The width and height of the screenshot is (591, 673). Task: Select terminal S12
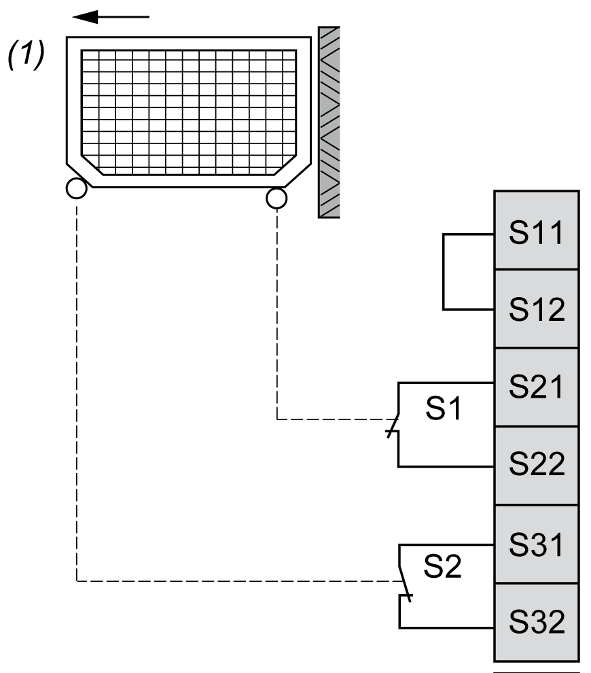pyautogui.click(x=537, y=309)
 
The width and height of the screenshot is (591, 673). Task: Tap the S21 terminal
pyautogui.click(x=537, y=387)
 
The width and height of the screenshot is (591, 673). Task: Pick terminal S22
pyautogui.click(x=537, y=465)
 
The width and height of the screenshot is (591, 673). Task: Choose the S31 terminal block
pyautogui.click(x=537, y=544)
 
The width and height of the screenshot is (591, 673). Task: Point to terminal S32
pyautogui.click(x=537, y=622)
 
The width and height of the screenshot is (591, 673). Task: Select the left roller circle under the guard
pyautogui.click(x=76, y=188)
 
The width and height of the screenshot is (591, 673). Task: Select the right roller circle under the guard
pyautogui.click(x=276, y=198)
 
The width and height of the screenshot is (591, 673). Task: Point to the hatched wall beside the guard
pyautogui.click(x=329, y=122)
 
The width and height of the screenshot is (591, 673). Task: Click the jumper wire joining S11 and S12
pyautogui.click(x=443, y=272)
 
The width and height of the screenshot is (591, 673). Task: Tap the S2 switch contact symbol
pyautogui.click(x=403, y=581)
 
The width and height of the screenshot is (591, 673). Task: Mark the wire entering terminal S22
pyautogui.click(x=448, y=466)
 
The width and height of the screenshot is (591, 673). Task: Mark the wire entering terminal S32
pyautogui.click(x=448, y=626)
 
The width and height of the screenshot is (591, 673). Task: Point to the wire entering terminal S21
pyautogui.click(x=448, y=383)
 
